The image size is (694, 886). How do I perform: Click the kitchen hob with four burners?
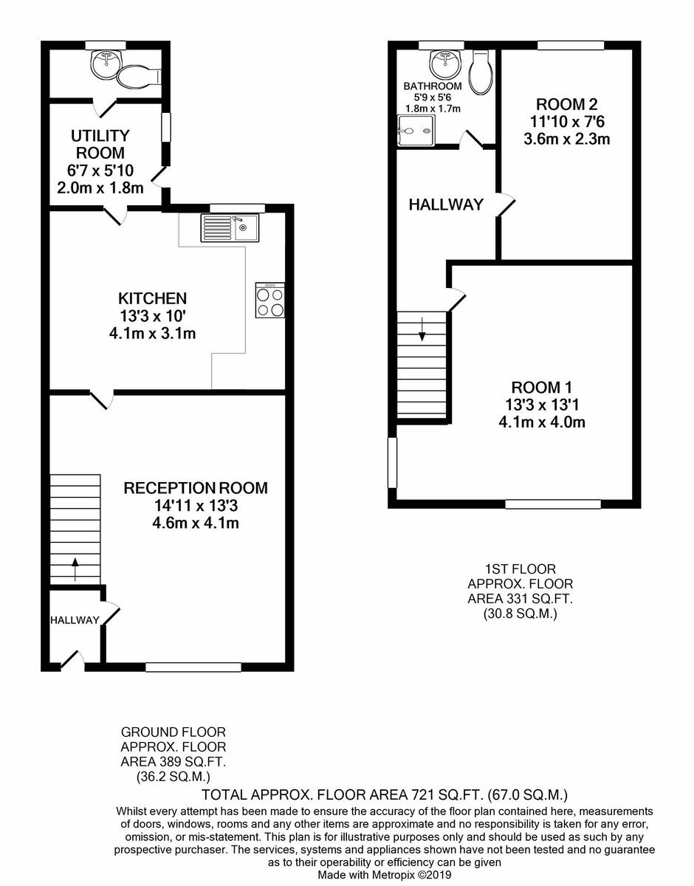coord(270,300)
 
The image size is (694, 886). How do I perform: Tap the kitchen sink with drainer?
coord(230,227)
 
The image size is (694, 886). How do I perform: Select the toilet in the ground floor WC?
coord(139,76)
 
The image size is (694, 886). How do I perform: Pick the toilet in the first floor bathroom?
coord(481,73)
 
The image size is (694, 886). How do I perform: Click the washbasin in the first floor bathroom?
coord(445,64)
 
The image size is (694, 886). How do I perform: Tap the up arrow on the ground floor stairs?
coord(75,569)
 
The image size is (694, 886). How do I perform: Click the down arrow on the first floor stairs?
coord(422,329)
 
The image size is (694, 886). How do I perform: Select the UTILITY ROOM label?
coord(100,144)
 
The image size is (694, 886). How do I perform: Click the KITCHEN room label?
coord(152,298)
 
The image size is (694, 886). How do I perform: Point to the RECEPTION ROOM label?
coord(196,487)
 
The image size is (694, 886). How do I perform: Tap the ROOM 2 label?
coord(566,104)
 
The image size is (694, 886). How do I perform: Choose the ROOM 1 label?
coord(542,387)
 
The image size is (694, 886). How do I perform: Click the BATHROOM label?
coord(433,86)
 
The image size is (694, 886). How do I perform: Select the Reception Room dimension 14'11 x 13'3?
coord(196,506)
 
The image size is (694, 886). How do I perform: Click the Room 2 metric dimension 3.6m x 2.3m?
coord(566,139)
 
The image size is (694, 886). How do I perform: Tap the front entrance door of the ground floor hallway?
coord(72,662)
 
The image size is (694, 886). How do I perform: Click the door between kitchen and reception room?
coord(101,399)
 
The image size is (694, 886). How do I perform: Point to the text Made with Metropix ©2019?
coord(385,874)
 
